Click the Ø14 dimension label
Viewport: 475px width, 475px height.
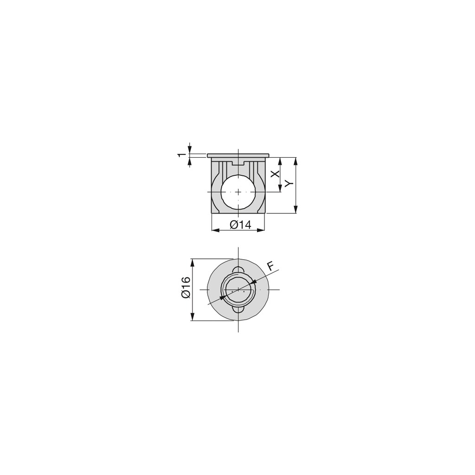pyautogui.click(x=241, y=225)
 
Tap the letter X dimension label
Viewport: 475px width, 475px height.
pyautogui.click(x=275, y=174)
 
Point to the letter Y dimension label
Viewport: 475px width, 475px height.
pyautogui.click(x=289, y=183)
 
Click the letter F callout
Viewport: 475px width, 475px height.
pyautogui.click(x=270, y=266)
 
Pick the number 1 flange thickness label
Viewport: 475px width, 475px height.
pyautogui.click(x=181, y=155)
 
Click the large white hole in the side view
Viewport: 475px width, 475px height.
pyautogui.click(x=238, y=192)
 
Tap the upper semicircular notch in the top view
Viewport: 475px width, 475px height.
pyautogui.click(x=238, y=270)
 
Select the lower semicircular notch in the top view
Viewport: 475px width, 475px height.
pyautogui.click(x=238, y=309)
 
